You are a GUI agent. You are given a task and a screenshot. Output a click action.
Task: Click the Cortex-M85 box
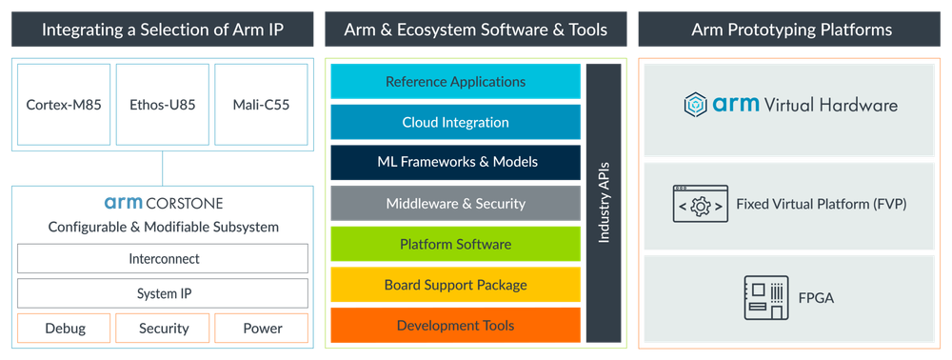[62, 104]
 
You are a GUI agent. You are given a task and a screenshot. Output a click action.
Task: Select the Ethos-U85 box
[162, 104]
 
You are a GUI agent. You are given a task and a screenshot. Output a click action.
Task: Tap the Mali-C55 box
[262, 104]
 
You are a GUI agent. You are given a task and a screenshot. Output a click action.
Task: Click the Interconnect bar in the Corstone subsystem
[162, 259]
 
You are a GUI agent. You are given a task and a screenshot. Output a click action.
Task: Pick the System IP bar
[162, 292]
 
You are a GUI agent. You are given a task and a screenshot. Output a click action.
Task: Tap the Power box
[262, 329]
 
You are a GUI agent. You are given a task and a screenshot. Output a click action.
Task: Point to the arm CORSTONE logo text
[162, 203]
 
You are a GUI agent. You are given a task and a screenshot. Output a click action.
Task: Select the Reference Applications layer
[455, 82]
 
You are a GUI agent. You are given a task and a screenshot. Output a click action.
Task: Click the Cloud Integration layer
[455, 123]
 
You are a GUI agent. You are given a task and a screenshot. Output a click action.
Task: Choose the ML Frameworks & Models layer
[455, 163]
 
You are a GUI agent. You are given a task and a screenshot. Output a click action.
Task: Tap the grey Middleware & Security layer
[455, 204]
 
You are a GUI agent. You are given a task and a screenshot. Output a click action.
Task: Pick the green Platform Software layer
[455, 245]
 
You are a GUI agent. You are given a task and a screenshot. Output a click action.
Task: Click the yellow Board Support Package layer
[455, 285]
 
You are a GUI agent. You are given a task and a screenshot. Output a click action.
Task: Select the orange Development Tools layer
[455, 326]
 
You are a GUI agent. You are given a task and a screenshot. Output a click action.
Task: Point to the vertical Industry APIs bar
[603, 204]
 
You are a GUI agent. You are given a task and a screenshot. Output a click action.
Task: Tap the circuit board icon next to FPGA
[764, 297]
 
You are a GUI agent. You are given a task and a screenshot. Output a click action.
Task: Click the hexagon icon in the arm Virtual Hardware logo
[697, 105]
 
